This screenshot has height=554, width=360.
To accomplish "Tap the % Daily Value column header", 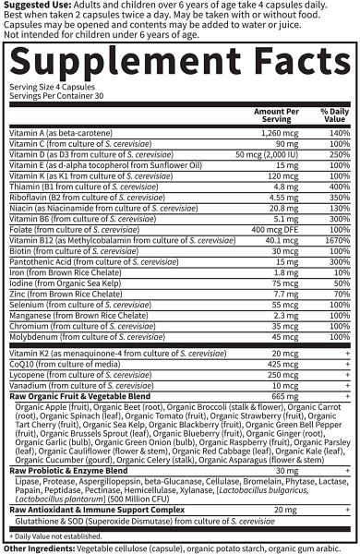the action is pyautogui.click(x=332, y=114).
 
